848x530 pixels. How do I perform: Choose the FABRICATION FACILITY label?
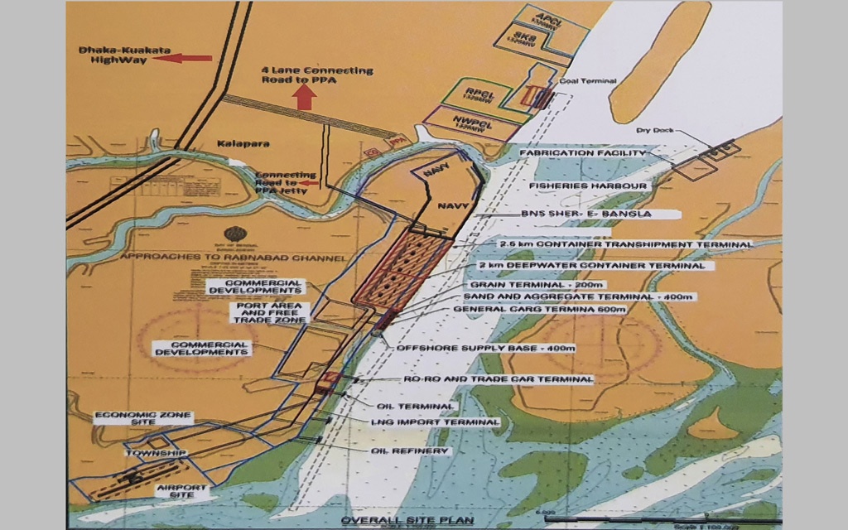coord(581,153)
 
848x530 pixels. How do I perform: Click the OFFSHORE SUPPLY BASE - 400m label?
coord(485,348)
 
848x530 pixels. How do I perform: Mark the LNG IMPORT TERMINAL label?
coord(436,422)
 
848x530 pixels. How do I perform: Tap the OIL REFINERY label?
coord(410,450)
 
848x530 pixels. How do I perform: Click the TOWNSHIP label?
coord(152,454)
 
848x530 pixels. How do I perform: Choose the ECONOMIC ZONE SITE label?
coord(142,417)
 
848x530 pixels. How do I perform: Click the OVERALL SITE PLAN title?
coord(407,520)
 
